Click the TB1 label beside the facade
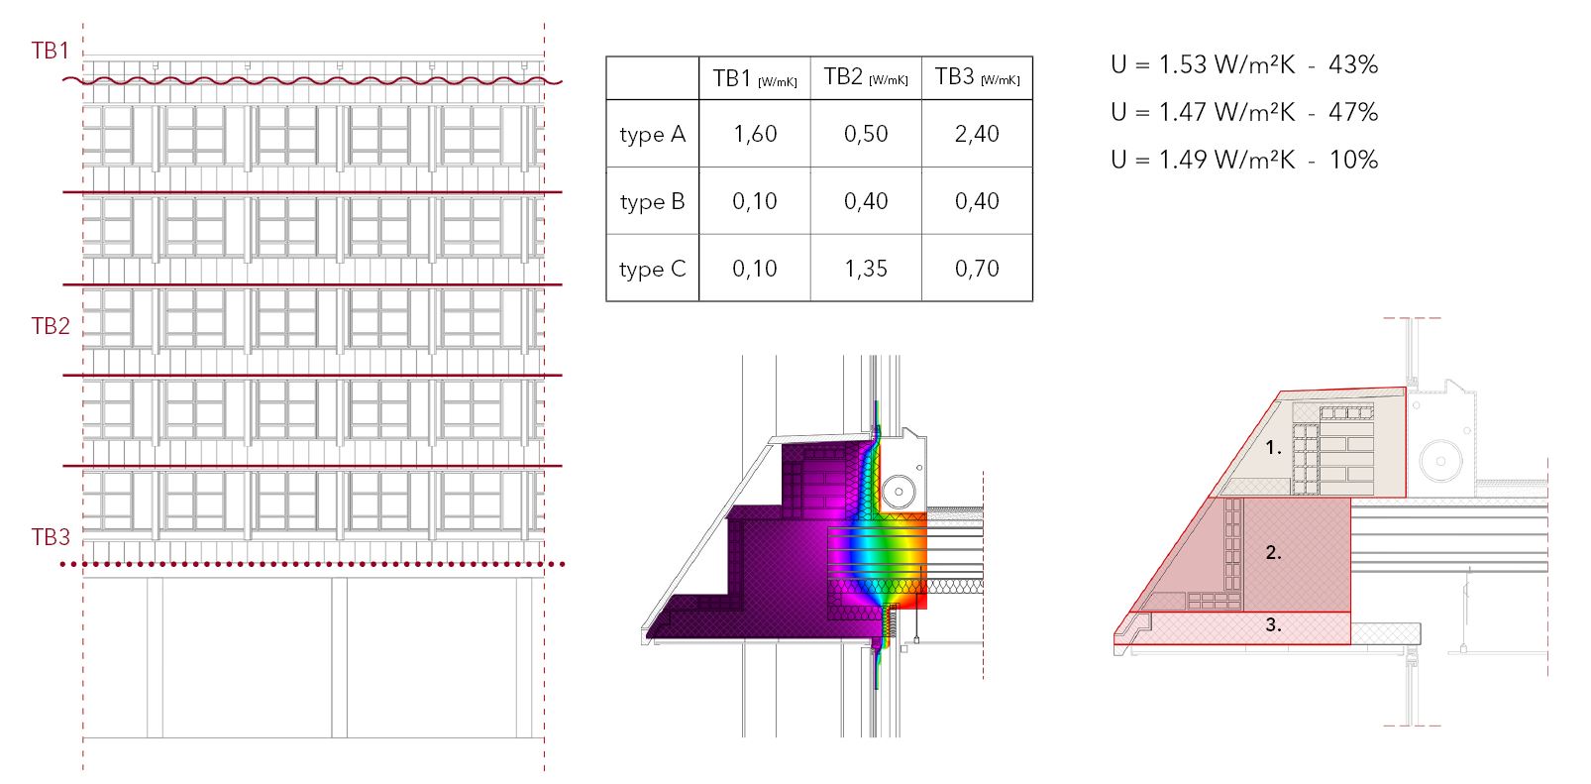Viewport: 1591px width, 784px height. (51, 51)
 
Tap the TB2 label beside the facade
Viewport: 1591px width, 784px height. (51, 325)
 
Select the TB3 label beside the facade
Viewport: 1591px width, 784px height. (51, 537)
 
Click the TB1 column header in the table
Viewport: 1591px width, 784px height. (754, 78)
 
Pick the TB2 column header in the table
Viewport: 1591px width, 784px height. (866, 76)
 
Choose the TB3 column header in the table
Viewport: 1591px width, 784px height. (978, 76)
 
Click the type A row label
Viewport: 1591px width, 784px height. (652, 135)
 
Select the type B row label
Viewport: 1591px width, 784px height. (652, 202)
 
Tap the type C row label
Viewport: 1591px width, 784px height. (652, 269)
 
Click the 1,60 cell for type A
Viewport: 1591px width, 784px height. (755, 134)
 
